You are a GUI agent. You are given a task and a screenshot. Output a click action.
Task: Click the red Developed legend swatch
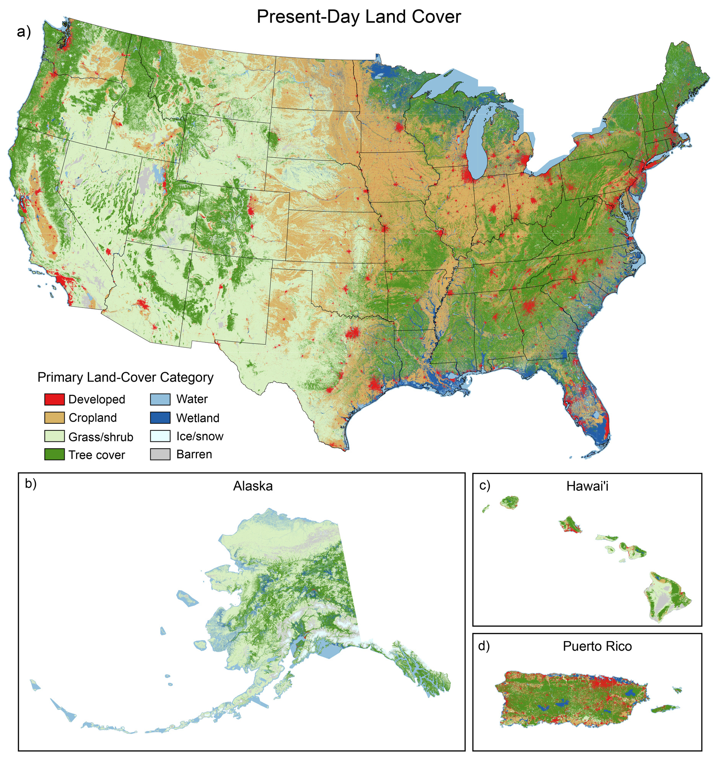coord(54,399)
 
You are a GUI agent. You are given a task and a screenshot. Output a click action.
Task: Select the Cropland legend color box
coord(54,418)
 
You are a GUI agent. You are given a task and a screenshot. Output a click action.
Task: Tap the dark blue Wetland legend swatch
coord(160,418)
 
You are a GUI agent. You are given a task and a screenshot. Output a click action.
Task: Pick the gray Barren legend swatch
coord(160,454)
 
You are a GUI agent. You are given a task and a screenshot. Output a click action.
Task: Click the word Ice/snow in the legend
coord(200,436)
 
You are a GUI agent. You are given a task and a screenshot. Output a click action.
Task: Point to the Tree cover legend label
coord(96,455)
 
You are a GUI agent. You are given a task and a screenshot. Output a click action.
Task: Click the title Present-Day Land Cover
coord(359,17)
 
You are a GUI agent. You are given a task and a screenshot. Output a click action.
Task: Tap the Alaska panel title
coord(253,486)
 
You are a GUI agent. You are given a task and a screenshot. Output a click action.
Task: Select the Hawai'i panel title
coord(587,487)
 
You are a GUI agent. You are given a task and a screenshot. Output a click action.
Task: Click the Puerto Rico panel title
coord(597,646)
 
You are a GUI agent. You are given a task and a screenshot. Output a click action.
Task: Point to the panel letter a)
coord(24,32)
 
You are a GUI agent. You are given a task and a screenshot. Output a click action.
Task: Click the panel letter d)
coord(484,646)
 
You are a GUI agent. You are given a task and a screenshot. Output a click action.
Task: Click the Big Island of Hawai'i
coord(667,601)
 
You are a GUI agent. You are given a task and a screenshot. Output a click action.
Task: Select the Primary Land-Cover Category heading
coord(125,378)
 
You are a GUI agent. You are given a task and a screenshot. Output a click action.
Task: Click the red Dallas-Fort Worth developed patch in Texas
coord(351,333)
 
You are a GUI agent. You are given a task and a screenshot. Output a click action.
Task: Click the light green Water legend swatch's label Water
coord(192,399)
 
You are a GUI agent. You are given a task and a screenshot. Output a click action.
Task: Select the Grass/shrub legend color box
coord(54,436)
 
